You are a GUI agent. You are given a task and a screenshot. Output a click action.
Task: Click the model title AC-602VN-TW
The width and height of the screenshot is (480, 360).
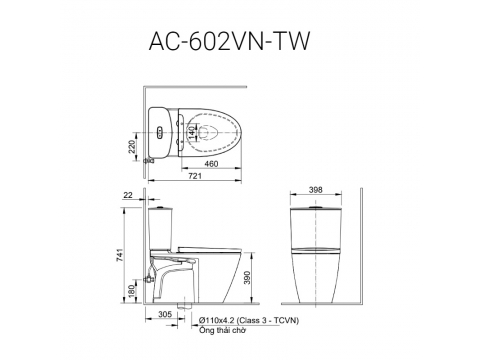[229, 41]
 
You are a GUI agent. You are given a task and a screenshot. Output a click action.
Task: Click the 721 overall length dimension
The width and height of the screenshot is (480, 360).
[195, 176]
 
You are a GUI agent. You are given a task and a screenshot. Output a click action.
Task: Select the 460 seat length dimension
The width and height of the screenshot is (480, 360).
[211, 164]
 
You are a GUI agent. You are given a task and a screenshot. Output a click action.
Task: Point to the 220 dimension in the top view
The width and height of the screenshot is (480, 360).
[132, 147]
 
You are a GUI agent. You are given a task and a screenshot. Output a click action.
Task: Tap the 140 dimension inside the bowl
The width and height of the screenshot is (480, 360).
[191, 132]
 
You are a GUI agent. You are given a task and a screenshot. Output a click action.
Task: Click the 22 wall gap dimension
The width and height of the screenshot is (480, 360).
[128, 195]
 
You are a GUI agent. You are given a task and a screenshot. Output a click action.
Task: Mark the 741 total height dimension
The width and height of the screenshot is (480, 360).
[120, 255]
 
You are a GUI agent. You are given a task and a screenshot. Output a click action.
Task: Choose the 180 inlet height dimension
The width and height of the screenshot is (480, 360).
[132, 291]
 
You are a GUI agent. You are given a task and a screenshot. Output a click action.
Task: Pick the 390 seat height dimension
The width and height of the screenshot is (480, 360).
[247, 277]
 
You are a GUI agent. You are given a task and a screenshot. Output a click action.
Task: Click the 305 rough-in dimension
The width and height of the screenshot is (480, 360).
[165, 314]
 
